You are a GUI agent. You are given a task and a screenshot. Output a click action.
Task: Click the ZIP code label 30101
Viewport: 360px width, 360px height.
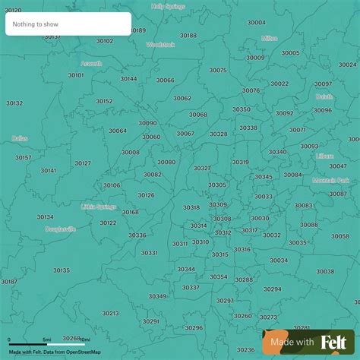tap(76, 75)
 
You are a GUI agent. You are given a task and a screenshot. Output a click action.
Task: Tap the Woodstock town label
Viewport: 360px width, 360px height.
tap(160, 45)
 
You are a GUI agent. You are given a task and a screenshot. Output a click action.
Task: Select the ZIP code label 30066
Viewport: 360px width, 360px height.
tap(166, 80)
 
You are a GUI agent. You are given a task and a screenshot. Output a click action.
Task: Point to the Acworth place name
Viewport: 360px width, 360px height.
tap(91, 64)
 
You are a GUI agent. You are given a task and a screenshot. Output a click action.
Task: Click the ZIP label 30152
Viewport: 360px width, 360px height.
tap(104, 101)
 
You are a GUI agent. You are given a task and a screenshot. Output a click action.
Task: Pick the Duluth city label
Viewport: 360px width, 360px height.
tap(324, 96)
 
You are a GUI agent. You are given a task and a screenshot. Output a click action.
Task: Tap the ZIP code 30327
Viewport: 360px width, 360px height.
tap(202, 168)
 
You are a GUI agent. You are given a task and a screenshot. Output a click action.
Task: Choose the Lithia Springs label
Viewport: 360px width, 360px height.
tap(99, 206)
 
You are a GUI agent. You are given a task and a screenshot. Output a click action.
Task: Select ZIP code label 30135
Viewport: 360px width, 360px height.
tap(61, 270)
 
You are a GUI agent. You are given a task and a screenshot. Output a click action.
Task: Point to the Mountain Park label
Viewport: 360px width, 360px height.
tap(331, 181)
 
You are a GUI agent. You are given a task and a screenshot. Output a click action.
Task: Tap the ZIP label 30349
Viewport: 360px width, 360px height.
tap(157, 296)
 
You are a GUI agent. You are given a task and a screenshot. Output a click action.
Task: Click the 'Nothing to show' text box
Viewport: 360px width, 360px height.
tap(68, 24)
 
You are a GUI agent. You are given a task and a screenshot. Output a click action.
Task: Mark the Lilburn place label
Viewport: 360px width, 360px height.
tap(324, 156)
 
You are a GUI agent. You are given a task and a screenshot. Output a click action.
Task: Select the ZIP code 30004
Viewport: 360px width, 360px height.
tap(257, 22)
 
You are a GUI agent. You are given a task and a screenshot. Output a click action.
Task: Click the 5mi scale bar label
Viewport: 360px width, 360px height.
tap(47, 339)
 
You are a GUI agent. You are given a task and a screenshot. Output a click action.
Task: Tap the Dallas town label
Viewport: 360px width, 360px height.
tap(20, 138)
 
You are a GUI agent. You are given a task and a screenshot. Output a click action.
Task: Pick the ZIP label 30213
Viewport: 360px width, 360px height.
tap(110, 313)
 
